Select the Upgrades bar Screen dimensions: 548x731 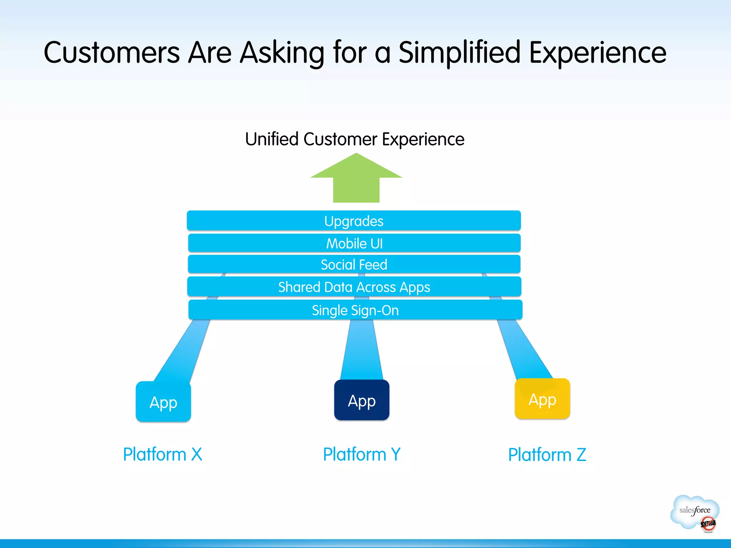354,221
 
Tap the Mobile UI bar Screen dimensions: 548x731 354,243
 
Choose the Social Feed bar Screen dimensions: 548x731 354,264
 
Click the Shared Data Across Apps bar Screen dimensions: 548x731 354,287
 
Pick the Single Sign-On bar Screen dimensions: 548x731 355,310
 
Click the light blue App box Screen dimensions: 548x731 163,402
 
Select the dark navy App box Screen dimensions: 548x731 362,400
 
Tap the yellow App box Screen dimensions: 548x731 542,399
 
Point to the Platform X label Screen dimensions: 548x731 162,454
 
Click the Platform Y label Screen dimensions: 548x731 362,454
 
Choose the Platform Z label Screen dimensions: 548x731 547,455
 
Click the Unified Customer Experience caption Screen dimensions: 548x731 354,139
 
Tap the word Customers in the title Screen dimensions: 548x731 111,52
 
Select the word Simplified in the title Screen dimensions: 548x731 459,52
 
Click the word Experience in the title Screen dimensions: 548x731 598,52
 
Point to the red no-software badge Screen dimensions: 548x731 708,524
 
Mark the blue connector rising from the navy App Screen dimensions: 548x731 362,350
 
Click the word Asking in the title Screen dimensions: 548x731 282,52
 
